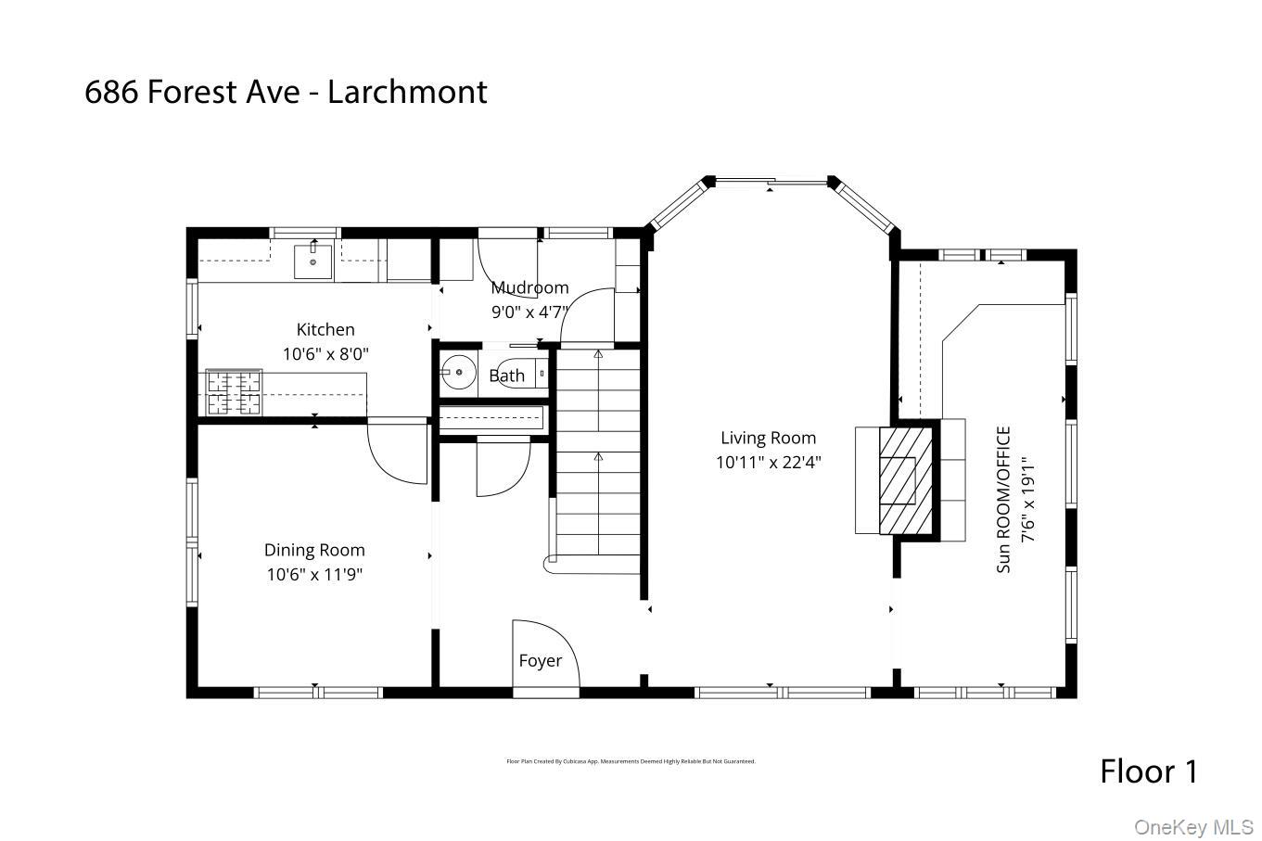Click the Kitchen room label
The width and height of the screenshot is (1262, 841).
click(325, 329)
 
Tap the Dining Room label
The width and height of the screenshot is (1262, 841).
click(314, 550)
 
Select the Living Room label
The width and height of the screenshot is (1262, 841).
click(768, 438)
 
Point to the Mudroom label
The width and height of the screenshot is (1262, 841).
click(529, 287)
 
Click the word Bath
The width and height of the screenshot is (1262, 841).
click(506, 376)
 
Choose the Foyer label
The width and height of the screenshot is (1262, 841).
click(540, 660)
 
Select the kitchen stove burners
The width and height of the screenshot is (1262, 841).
click(233, 392)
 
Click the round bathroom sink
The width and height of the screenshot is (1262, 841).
click(456, 375)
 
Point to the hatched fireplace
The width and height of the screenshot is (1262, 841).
click(897, 479)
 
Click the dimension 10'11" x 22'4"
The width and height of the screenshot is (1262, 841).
click(768, 462)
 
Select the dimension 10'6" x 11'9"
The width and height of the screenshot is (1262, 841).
click(314, 574)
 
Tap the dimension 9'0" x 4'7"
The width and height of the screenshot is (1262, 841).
click(529, 312)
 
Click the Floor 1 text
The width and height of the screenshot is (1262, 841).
click(1148, 771)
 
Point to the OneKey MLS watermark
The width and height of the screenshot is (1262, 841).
click(1193, 826)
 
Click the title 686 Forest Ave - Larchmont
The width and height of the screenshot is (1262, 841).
click(286, 92)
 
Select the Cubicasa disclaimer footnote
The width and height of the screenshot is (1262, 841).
click(631, 761)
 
